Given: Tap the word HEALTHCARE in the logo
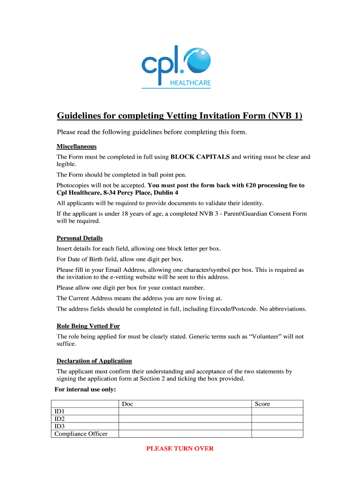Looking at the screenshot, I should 192,83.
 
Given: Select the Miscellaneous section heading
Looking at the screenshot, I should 77,146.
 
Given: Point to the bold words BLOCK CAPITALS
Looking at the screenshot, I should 200,157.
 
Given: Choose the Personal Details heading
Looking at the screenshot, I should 79,238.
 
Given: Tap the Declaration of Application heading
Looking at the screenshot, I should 94,361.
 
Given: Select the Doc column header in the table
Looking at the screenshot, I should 128,404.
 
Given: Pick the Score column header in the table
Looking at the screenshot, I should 262,404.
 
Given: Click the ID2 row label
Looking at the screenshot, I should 59,419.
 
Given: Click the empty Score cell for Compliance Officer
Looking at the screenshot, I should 277,434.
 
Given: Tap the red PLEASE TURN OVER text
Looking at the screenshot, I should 180,449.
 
